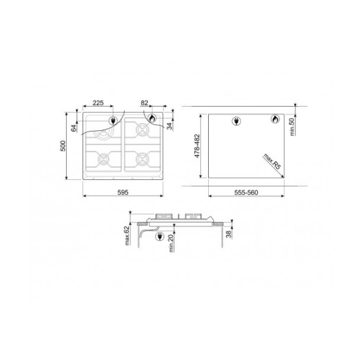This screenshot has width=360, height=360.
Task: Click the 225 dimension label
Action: click(98, 103)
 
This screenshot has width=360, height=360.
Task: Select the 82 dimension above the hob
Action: click(145, 103)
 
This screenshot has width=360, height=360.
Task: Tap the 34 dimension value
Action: click(169, 126)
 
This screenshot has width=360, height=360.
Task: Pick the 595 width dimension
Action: click(123, 192)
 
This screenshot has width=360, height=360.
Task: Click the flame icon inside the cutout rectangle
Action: click(275, 120)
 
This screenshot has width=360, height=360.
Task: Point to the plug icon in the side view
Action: click(158, 238)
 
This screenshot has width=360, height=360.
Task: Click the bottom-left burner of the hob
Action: click(103, 159)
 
